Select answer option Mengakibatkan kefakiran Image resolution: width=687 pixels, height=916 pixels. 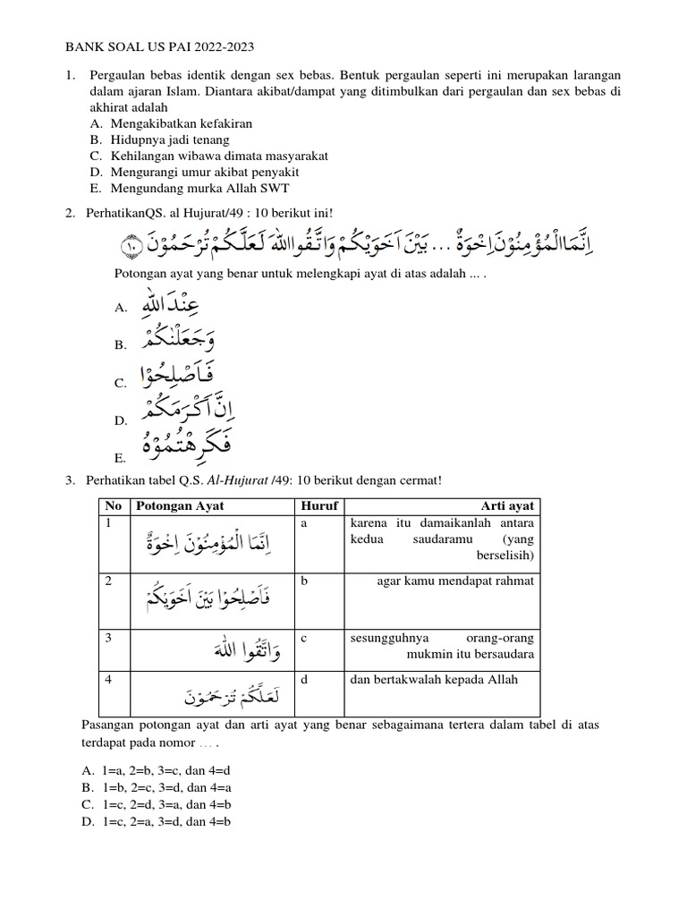(x=182, y=123)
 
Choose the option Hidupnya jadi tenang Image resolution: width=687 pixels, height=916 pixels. (x=170, y=140)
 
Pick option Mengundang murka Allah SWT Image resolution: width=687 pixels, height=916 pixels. (x=200, y=188)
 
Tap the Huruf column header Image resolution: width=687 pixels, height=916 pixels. (x=320, y=505)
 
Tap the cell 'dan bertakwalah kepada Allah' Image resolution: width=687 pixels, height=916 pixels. (x=434, y=680)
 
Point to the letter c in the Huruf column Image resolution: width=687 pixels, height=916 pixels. (x=305, y=639)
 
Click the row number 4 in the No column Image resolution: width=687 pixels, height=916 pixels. (x=107, y=680)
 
